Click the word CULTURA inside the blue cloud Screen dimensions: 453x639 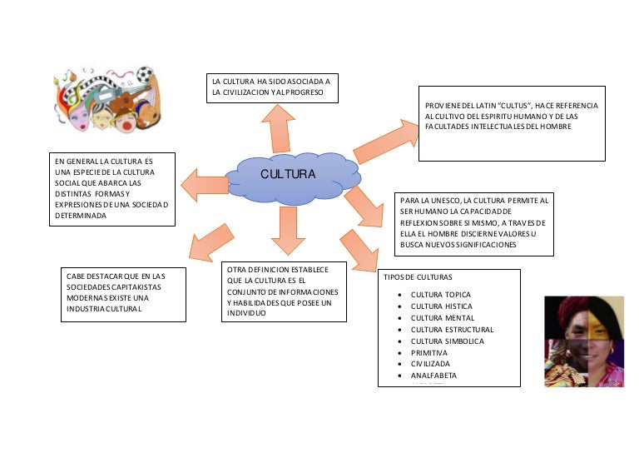(x=288, y=174)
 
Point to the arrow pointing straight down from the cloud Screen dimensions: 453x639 (x=288, y=230)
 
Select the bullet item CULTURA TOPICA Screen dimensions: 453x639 (x=440, y=295)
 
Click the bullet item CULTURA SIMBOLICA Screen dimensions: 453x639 (x=446, y=341)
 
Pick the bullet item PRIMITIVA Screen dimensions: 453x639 (x=428, y=353)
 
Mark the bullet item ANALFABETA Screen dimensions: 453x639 (x=433, y=376)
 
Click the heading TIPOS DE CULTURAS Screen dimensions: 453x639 (x=418, y=277)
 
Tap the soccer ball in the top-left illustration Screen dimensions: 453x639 (x=145, y=75)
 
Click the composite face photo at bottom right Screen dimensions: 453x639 (x=583, y=341)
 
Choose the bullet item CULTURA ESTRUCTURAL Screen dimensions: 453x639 (x=452, y=330)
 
